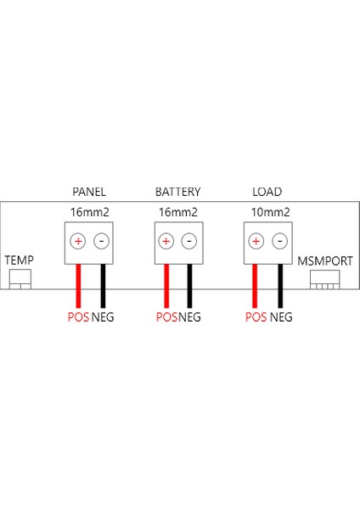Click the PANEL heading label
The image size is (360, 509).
coord(89,192)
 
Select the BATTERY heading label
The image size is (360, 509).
coord(177,192)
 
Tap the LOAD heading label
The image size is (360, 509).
coord(267,192)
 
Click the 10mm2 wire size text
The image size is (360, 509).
coord(271,212)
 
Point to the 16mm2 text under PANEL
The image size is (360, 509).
coord(89,212)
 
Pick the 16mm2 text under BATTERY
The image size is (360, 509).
coord(178,212)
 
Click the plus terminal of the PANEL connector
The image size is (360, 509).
coord(78,241)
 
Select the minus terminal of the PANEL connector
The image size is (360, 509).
coord(101,241)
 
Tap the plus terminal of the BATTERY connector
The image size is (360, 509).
coord(166,241)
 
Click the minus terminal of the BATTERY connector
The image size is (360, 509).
coord(188,241)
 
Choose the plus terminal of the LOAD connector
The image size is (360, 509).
coord(255,241)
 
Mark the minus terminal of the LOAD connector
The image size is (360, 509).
coord(278,241)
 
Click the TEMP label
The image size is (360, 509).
coord(20,259)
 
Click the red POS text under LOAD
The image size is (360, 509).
coord(256,317)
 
